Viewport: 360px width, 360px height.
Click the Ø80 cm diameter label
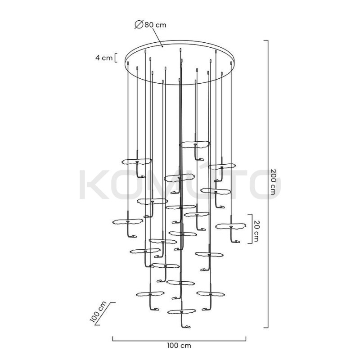[x=150, y=25]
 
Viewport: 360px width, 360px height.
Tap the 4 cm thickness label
[x=104, y=58]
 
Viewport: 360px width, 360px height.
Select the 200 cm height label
[x=276, y=182]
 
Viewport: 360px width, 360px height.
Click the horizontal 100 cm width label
[x=179, y=345]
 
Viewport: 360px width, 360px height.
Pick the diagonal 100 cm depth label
[x=99, y=312]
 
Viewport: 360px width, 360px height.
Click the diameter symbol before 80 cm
[x=139, y=24]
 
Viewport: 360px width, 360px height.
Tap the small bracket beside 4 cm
[x=116, y=58]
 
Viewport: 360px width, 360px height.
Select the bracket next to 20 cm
[x=251, y=229]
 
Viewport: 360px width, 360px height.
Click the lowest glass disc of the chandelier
[x=181, y=312]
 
